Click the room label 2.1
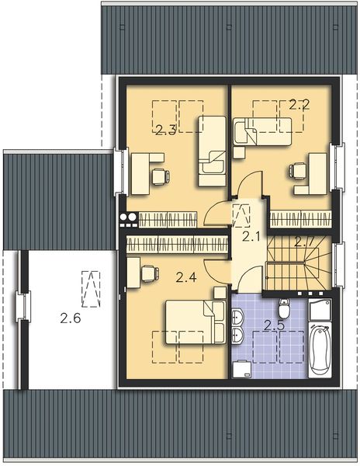pyautogui.click(x=250, y=236)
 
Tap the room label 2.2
pyautogui.click(x=299, y=104)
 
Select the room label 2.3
pyautogui.click(x=164, y=130)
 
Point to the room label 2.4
pyautogui.click(x=186, y=276)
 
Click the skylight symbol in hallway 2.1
pyautogui.click(x=242, y=212)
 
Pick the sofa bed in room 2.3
pyautogui.click(x=211, y=151)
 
